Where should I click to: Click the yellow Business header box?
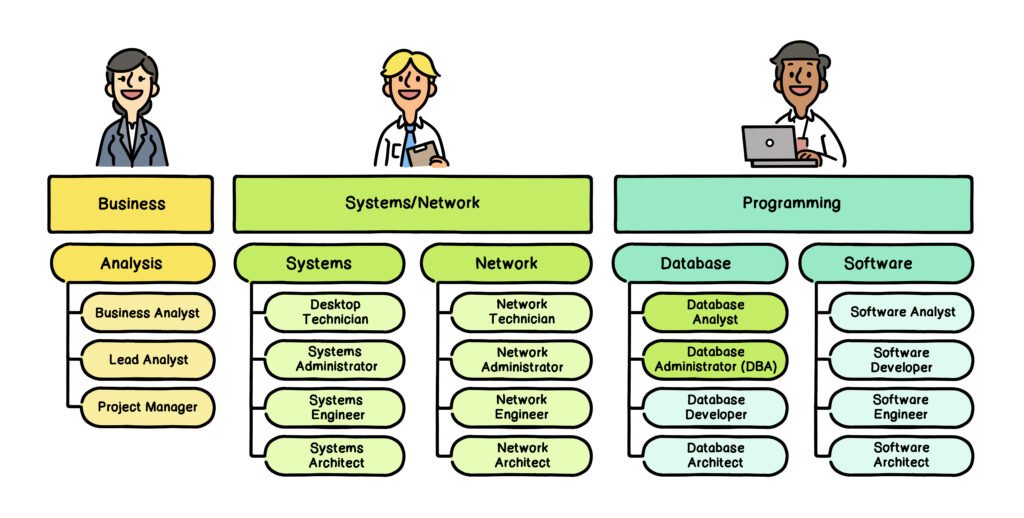pos(131,204)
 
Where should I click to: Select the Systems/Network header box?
pos(412,204)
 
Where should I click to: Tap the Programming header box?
pos(792,204)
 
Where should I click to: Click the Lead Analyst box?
pos(148,360)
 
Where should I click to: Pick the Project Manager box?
pos(148,407)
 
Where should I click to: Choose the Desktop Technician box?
pos(335,312)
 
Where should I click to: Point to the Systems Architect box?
pos(335,456)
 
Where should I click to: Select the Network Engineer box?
pos(521,407)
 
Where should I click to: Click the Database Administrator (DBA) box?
pos(715,360)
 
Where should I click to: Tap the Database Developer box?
pos(715,407)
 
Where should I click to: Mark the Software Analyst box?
pos(902,312)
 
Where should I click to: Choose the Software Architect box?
pos(902,456)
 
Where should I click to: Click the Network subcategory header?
pos(506,264)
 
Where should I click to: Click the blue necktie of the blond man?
pos(408,140)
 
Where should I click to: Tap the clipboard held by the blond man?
pos(426,153)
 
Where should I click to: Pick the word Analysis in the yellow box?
pos(131,264)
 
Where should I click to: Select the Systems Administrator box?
pos(335,360)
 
